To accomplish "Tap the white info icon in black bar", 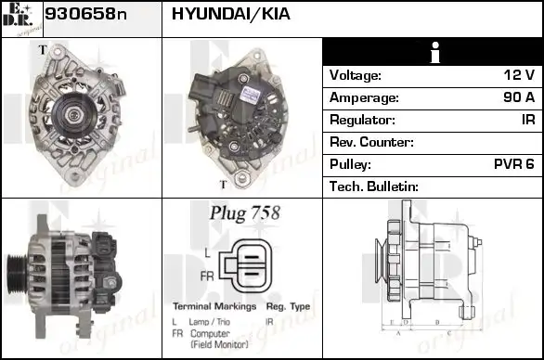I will coord(433,52).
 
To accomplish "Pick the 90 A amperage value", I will coord(516,97).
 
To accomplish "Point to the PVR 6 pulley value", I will coord(513,164).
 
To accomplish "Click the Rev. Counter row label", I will coord(371,142).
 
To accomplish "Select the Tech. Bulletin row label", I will coord(374,186).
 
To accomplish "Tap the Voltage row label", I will coord(356,75).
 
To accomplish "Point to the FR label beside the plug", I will coord(205,276).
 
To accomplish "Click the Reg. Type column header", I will coord(288,306).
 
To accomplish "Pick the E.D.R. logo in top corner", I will coord(21,19).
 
